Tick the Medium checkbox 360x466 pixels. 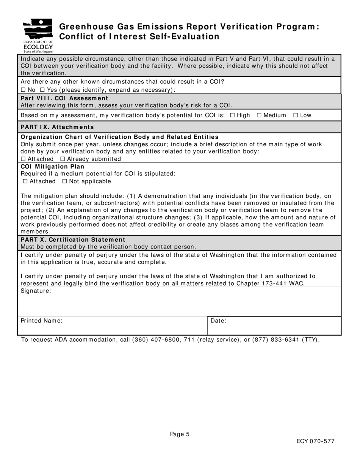click(259, 115)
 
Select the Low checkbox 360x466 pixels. click(296, 115)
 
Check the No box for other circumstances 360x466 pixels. click(23, 90)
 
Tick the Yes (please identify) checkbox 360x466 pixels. click(42, 90)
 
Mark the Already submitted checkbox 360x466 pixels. click(63, 159)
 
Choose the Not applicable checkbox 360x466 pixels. click(65, 181)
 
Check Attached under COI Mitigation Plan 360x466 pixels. click(25, 181)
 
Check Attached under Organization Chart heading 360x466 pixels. click(23, 159)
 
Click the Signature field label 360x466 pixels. click(36, 291)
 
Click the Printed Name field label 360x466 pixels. click(41, 321)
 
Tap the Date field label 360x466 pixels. click(218, 321)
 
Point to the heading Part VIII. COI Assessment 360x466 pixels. click(64, 98)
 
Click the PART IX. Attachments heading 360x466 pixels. click(57, 127)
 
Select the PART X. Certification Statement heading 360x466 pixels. click(73, 239)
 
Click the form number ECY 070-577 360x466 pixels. click(315, 441)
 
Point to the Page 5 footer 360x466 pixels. click(180, 434)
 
